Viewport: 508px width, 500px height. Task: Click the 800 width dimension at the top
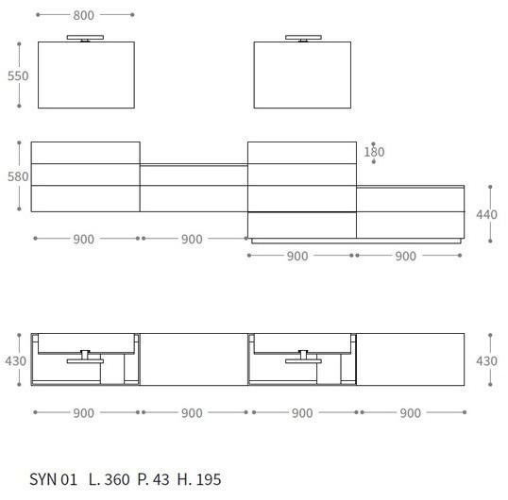click(84, 15)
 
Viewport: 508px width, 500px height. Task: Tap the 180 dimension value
click(374, 152)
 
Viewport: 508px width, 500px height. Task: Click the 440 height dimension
click(486, 214)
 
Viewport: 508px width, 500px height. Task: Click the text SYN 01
click(54, 480)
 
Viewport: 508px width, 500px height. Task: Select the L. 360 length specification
click(109, 480)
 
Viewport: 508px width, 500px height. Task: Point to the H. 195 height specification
click(198, 480)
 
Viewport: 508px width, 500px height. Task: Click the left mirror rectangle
click(86, 75)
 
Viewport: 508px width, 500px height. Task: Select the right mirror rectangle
click(302, 75)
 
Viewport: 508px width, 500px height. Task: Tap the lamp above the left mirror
click(86, 38)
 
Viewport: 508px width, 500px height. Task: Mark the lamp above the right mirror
click(302, 38)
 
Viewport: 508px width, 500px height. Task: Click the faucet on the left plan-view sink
click(85, 357)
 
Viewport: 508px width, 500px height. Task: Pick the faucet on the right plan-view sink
click(302, 357)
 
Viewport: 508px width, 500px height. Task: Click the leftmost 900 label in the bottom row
click(83, 413)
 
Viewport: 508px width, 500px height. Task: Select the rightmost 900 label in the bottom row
click(411, 413)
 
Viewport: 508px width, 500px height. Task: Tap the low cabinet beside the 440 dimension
click(411, 212)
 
